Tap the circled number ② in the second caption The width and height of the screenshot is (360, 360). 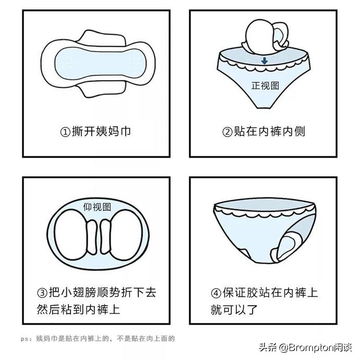[227, 131]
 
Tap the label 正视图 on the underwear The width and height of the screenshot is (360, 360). [266, 86]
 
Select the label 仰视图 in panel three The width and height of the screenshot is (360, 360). [97, 207]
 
